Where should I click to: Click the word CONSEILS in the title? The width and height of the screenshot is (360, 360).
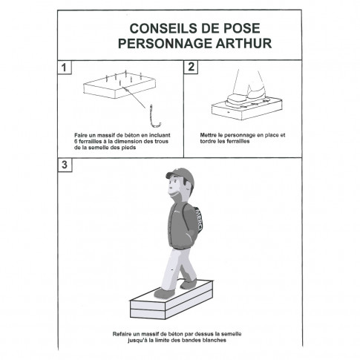[155, 27]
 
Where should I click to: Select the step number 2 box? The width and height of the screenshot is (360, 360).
[192, 68]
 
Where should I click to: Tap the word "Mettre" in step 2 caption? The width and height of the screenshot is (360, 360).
[209, 135]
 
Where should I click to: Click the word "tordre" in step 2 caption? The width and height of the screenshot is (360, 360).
[208, 141]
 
